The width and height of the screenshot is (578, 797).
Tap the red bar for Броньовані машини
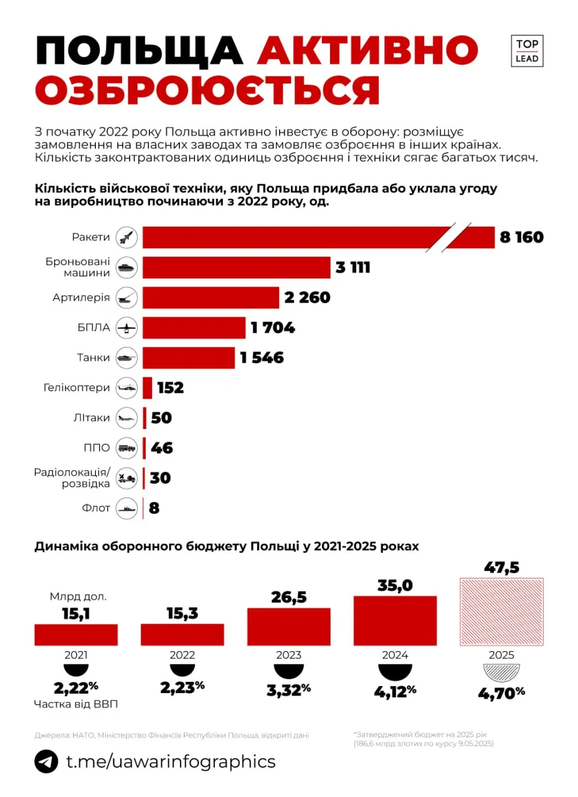pyautogui.click(x=237, y=267)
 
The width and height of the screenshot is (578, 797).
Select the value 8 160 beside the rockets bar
pyautogui.click(x=521, y=237)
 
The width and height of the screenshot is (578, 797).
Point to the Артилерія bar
pyautogui.click(x=211, y=298)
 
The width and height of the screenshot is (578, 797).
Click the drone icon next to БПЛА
pyautogui.click(x=127, y=328)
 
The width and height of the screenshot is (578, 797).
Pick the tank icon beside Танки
pyautogui.click(x=127, y=357)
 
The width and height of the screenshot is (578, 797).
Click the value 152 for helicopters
pyautogui.click(x=170, y=388)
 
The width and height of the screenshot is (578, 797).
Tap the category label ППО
pyautogui.click(x=97, y=448)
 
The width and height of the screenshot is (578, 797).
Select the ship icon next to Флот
pyautogui.click(x=127, y=508)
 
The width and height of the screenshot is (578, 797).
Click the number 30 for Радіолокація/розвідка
pyautogui.click(x=160, y=478)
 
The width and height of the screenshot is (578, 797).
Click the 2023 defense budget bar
pyautogui.click(x=289, y=626)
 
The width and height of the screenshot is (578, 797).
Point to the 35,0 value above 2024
pyautogui.click(x=395, y=585)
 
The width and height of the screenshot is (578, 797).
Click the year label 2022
pyautogui.click(x=182, y=655)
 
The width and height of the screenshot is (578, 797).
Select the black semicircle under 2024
pyautogui.click(x=395, y=672)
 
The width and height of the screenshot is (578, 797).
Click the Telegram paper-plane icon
pyautogui.click(x=46, y=762)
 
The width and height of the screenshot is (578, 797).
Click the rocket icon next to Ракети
pyautogui.click(x=127, y=237)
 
